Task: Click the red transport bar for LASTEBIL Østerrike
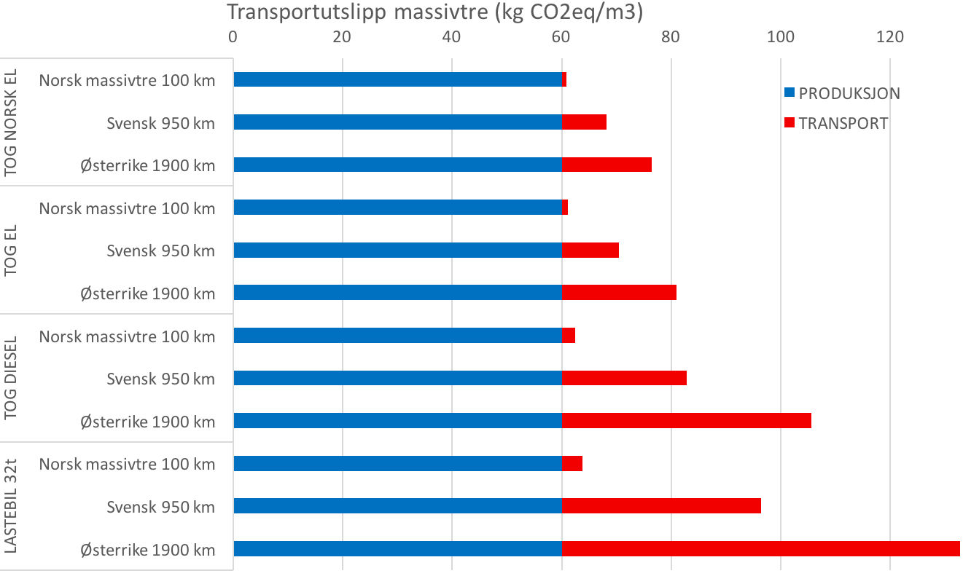coord(761,549)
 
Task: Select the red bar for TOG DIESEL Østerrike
coord(686,421)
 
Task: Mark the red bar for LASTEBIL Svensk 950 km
coord(661,506)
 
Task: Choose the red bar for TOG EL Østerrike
coord(619,293)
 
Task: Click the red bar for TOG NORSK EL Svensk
coord(584,122)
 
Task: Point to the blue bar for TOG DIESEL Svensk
coord(397,378)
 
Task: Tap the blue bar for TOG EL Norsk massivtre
coord(397,208)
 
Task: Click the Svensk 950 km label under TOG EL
coord(160,250)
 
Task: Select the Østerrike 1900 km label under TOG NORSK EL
coord(148,165)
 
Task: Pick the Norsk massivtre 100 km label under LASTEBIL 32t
coord(127,464)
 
